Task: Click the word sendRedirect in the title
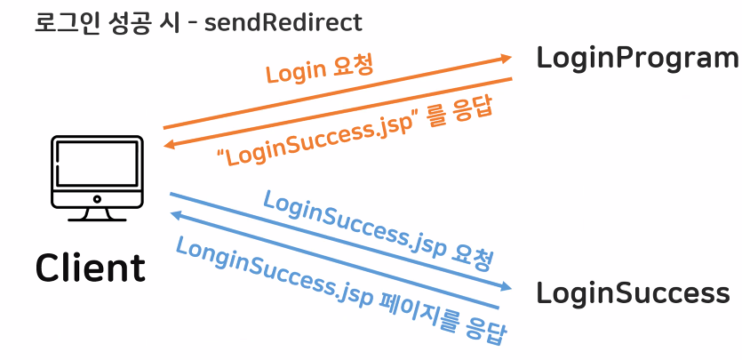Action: coord(283,21)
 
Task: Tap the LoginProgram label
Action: coord(637,59)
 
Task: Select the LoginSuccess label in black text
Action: coord(633,292)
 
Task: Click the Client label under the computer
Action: coord(90,268)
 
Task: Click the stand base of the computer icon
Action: coord(98,216)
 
